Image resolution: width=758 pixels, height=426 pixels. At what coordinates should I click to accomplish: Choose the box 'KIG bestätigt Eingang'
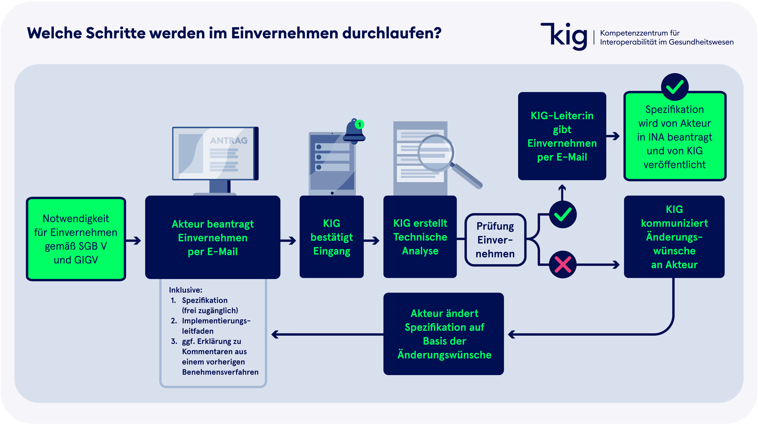(332, 237)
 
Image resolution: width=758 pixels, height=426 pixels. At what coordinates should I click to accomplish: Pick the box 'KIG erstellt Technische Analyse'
(420, 237)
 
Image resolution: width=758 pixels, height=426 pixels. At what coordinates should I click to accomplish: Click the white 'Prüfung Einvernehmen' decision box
(495, 240)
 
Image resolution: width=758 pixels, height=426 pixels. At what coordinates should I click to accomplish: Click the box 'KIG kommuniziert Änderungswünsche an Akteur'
(674, 237)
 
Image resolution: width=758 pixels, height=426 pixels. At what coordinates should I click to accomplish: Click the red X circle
(563, 264)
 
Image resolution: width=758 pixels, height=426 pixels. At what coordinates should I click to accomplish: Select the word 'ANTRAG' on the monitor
(229, 140)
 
